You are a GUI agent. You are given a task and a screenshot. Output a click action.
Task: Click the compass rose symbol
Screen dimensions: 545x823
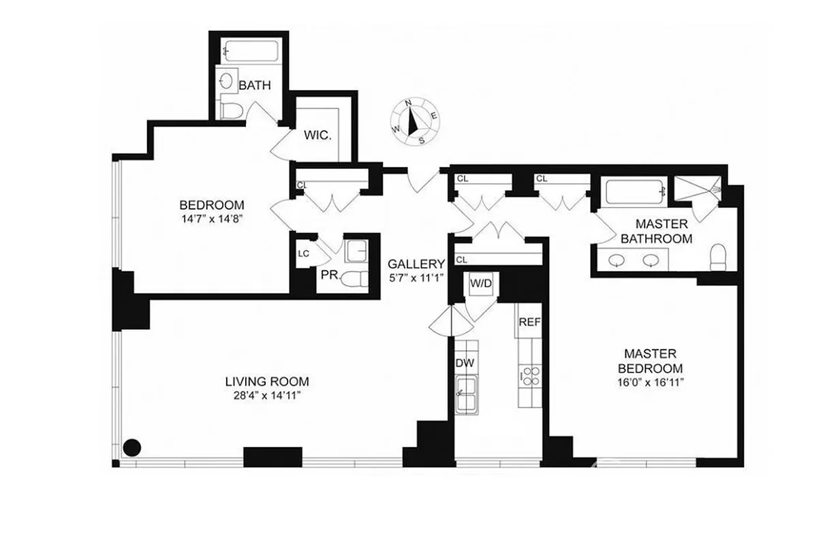[x=413, y=121]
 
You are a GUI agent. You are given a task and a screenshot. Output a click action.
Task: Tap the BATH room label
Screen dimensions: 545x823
[x=255, y=86]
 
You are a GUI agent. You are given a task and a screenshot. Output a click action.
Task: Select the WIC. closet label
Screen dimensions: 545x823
[x=317, y=136]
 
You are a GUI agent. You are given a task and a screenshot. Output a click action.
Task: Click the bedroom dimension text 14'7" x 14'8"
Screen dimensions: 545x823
[x=211, y=220]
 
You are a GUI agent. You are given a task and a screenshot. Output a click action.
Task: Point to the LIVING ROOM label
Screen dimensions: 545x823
[x=267, y=381]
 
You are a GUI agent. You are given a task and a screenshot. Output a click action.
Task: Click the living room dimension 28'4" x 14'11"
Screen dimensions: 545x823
[x=267, y=395]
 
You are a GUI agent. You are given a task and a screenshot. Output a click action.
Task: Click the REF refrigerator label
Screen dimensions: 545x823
[x=529, y=322]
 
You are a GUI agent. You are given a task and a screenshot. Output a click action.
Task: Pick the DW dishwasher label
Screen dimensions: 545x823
[x=464, y=363]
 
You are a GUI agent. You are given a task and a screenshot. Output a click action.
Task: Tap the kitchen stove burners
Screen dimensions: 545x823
[x=530, y=376]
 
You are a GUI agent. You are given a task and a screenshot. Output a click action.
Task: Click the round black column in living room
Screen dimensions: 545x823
[x=131, y=448]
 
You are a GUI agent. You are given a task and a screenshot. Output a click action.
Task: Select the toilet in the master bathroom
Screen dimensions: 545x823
[x=719, y=256]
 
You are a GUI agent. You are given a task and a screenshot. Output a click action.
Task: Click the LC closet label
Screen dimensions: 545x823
[x=304, y=253]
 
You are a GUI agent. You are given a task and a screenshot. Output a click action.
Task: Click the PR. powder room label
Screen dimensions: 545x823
[x=330, y=276]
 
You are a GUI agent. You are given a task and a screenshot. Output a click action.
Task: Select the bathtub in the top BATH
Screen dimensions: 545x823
[x=251, y=52]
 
